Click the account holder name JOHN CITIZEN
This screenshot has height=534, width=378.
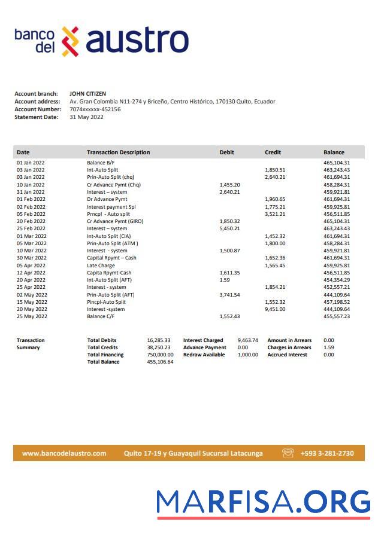[87, 94]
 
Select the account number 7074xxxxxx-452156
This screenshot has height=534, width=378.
[95, 109]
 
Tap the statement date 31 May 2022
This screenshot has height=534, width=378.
[86, 117]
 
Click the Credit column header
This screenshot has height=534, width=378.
[273, 152]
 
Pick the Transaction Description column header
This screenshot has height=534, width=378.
[118, 152]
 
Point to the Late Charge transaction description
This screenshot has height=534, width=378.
[101, 266]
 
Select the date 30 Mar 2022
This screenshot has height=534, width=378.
[31, 258]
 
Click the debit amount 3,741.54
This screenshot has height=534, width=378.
[229, 295]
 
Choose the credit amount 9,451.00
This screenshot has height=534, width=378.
[275, 309]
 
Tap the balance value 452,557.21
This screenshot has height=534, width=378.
[337, 287]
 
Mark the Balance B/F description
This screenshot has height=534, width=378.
[101, 163]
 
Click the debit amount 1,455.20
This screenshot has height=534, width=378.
[229, 185]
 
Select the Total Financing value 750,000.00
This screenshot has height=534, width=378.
[160, 355]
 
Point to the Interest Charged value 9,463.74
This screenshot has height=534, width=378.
[247, 340]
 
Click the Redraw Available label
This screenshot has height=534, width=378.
[204, 355]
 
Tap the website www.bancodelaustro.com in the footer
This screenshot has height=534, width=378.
[64, 453]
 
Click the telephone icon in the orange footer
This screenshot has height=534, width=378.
[288, 453]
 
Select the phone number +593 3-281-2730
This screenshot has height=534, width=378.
[327, 453]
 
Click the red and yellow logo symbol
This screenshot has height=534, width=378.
[71, 41]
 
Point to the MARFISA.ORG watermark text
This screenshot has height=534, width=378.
[263, 503]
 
